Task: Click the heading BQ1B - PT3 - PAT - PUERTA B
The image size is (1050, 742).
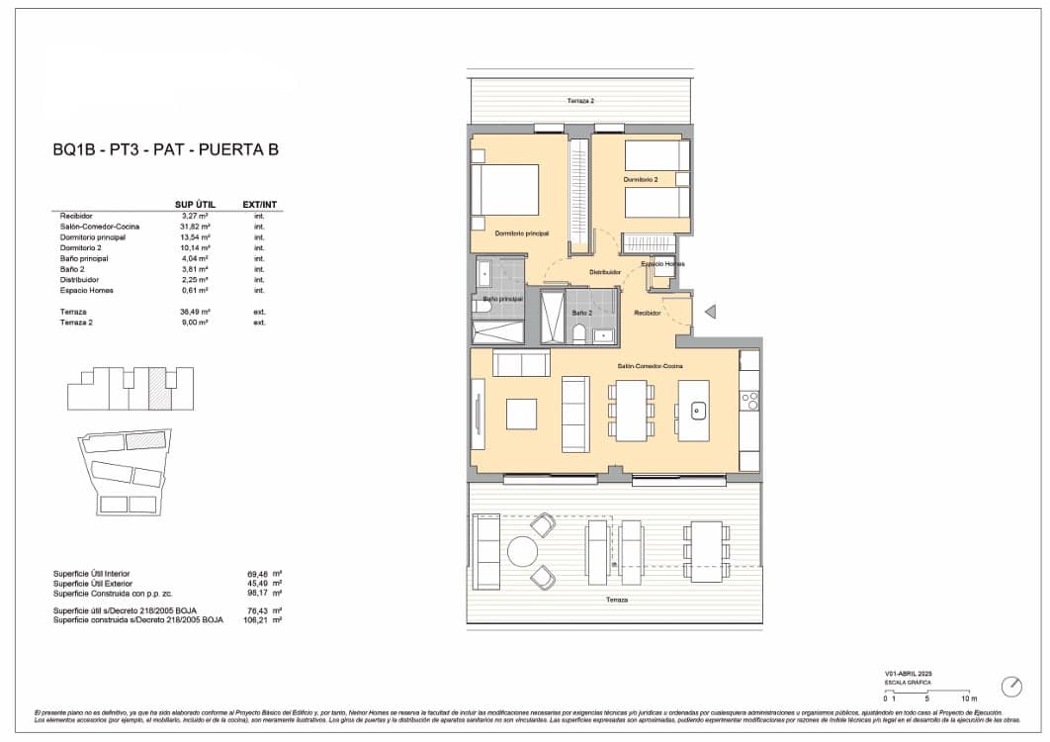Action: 165,150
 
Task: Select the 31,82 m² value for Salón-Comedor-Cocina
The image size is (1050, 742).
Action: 194,227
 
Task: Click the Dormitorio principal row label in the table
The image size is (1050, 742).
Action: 92,237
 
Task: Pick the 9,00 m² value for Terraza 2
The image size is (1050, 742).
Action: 194,322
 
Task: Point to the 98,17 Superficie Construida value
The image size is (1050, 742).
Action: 258,593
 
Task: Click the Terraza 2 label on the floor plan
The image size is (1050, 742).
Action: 580,101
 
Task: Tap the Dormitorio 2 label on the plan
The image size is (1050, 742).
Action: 640,179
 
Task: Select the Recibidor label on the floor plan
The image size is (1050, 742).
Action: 648,313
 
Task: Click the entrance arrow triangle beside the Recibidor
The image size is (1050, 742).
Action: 709,312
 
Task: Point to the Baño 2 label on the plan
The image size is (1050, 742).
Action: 581,313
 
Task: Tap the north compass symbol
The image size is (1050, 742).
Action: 1011,686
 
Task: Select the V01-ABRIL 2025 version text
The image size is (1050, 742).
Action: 909,673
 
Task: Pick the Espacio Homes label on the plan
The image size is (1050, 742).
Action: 662,264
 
